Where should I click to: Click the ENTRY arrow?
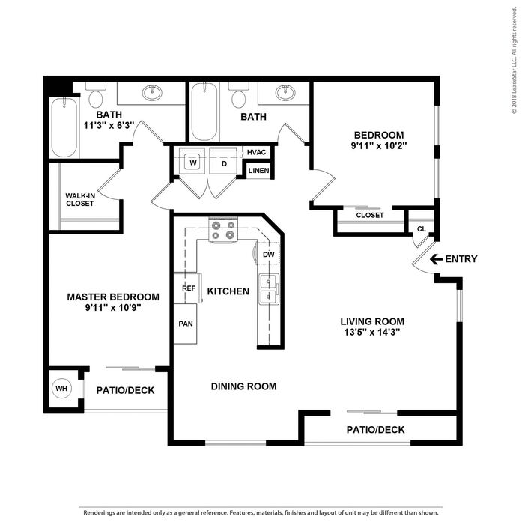pos(436,259)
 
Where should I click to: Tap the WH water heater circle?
pos(61,388)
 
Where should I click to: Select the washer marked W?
pos(192,161)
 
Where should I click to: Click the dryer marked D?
pos(224,161)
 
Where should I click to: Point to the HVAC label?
pos(256,152)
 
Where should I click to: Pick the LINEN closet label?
pos(258,171)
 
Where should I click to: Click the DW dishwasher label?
pos(268,255)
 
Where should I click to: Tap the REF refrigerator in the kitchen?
pos(187,288)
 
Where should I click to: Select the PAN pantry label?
pos(186,324)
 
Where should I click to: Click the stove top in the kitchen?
pos(223,230)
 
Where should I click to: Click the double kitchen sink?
pos(269,288)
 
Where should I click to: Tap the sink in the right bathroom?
pos(285,92)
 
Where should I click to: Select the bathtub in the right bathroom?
pos(204,111)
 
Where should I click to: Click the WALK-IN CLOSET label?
pos(80,199)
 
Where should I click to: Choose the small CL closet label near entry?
pos(422,229)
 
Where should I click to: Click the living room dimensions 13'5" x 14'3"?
pos(372,332)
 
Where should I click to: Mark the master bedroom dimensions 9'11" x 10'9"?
pos(113,307)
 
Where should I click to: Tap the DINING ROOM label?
pos(243,386)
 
